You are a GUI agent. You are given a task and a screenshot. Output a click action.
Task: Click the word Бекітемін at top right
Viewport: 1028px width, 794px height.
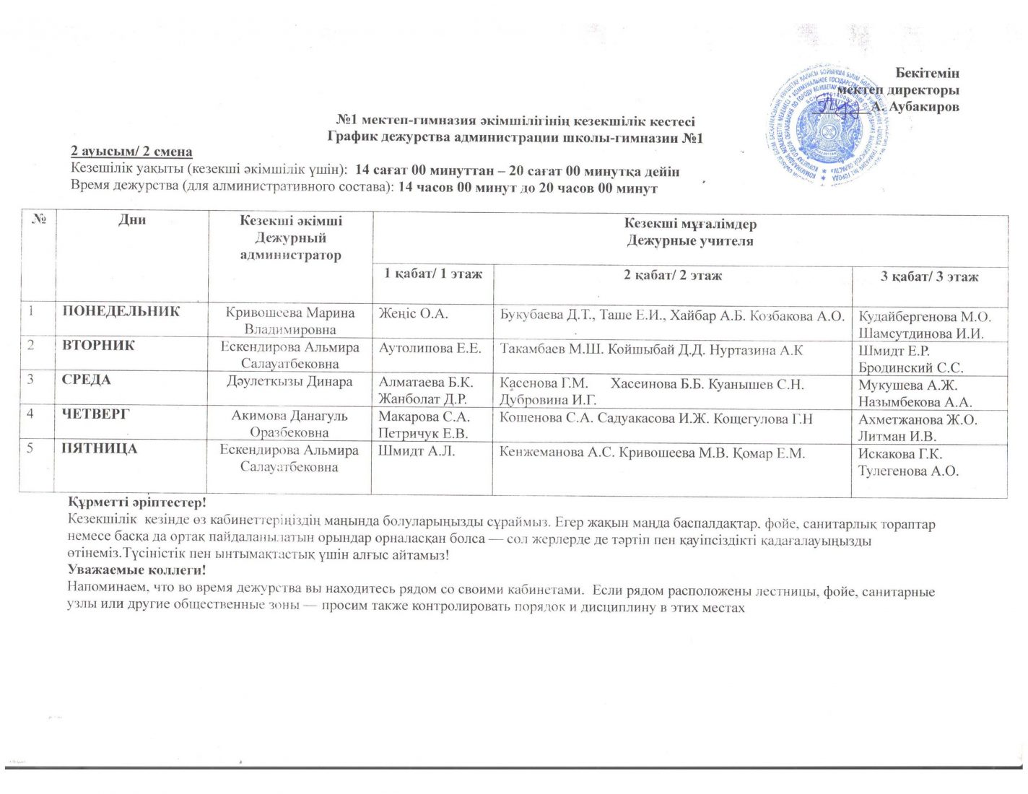point(927,73)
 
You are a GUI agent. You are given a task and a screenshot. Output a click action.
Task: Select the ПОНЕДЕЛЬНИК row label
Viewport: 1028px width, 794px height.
point(121,312)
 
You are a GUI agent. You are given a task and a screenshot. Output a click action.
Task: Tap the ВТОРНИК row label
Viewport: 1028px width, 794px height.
point(98,346)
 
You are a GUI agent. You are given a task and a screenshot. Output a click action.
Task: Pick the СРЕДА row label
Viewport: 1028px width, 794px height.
point(87,380)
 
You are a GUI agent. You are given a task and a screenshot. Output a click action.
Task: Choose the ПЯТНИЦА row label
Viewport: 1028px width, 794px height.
point(100,449)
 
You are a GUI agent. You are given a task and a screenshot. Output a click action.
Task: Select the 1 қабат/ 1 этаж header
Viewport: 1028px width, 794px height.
point(433,274)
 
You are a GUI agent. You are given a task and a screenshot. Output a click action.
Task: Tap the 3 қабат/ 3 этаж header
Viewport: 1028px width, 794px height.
point(930,276)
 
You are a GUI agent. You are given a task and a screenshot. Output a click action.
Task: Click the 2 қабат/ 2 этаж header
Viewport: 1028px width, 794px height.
point(673,275)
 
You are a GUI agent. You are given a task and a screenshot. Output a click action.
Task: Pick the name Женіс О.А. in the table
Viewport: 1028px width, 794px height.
point(414,314)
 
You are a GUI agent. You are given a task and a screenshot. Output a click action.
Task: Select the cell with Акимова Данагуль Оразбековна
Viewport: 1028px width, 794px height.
point(289,424)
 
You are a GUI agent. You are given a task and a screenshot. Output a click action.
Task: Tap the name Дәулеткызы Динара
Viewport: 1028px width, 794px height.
point(289,382)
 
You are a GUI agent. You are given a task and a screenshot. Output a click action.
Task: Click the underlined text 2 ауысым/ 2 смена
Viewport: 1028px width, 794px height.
point(131,152)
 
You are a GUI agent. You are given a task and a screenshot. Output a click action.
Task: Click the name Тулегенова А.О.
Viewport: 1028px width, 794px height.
point(909,471)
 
